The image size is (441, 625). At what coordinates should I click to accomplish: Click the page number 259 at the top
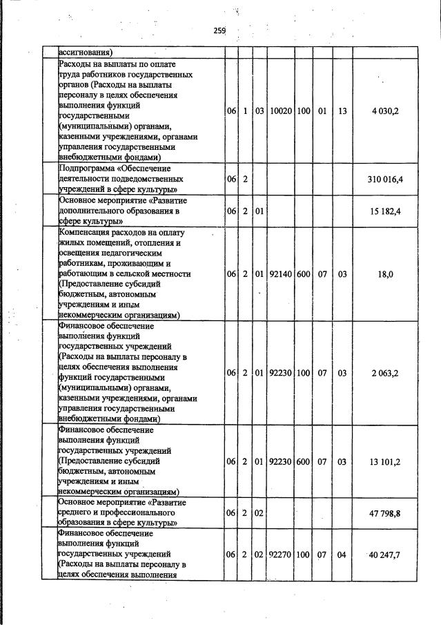[219, 30]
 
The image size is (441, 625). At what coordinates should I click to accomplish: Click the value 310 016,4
[386, 179]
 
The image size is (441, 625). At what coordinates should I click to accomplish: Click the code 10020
[281, 111]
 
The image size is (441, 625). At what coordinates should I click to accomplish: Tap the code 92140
[281, 274]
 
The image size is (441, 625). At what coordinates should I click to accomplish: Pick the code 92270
[281, 555]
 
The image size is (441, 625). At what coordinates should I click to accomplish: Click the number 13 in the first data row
[342, 111]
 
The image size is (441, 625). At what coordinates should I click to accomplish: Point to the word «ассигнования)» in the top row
[86, 51]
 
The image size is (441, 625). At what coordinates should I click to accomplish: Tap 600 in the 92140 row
[303, 274]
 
